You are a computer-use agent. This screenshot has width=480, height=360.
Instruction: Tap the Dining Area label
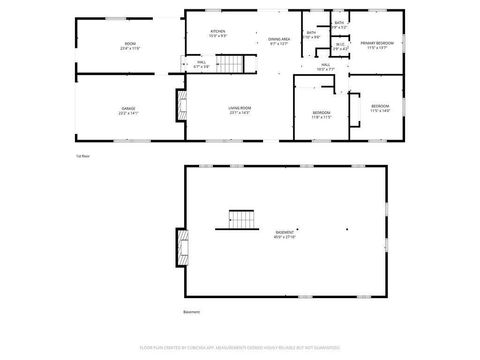(x=279, y=41)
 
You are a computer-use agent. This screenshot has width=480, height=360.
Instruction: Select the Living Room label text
(x=240, y=111)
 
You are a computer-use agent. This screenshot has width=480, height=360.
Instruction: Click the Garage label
(x=129, y=110)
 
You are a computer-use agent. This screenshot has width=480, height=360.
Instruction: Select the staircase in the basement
(x=243, y=219)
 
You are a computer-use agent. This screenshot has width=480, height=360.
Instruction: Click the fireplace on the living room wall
(x=181, y=106)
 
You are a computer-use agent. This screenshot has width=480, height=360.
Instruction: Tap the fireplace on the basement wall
(x=181, y=243)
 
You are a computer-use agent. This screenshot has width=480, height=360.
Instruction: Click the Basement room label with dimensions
(x=285, y=235)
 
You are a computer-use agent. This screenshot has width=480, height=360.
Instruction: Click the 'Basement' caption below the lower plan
(x=192, y=312)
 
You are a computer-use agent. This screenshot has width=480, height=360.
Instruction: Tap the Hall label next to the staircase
(x=201, y=65)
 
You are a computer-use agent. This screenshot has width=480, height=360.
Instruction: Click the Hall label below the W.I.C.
(x=326, y=68)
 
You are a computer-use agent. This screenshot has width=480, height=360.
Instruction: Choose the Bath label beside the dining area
(x=312, y=35)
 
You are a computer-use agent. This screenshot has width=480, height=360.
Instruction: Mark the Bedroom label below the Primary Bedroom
(x=381, y=108)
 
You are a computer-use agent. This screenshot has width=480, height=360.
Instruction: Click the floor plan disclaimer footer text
(x=240, y=349)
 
